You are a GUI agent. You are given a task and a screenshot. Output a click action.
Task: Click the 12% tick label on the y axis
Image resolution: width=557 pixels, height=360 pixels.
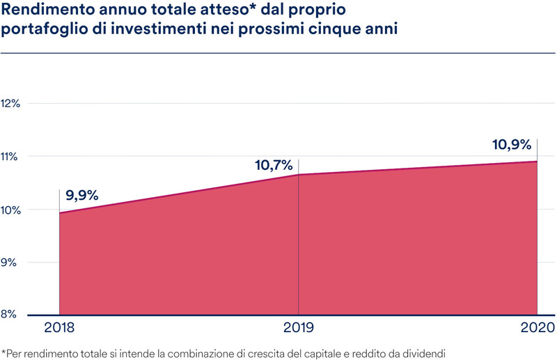13,103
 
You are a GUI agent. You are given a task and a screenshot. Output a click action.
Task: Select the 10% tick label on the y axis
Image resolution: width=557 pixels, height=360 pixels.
13,210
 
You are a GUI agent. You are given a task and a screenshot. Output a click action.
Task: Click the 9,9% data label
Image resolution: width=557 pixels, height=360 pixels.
82,196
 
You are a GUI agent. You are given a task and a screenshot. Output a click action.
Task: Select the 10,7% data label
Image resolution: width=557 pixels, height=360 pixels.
273,166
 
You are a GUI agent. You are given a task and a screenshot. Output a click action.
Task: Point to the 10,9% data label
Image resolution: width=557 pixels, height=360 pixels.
512,146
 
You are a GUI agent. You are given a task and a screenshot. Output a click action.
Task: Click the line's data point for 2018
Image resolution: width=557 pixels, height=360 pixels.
59,213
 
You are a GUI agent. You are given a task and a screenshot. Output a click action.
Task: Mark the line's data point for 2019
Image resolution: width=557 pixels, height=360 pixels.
298,175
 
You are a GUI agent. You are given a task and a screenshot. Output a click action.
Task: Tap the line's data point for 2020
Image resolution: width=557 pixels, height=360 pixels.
538,162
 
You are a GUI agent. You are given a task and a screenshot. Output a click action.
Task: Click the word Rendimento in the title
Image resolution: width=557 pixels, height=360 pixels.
45,13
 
